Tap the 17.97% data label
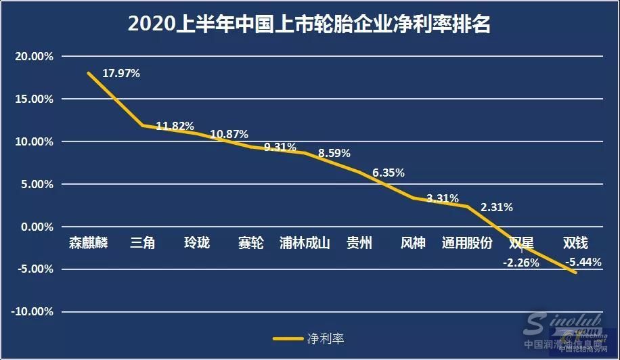click(x=121, y=73)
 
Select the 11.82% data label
click(x=175, y=126)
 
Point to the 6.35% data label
click(x=389, y=173)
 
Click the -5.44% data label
click(x=583, y=263)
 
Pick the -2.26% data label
click(x=521, y=263)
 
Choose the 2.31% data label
click(x=497, y=207)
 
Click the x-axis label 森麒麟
click(x=89, y=242)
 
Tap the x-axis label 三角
click(x=143, y=242)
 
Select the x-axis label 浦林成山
click(x=305, y=242)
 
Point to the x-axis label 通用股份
click(x=467, y=242)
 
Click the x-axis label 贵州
click(x=359, y=242)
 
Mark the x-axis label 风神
click(x=413, y=242)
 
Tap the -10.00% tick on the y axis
click(x=32, y=312)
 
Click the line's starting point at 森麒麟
click(x=89, y=72)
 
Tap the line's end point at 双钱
click(x=575, y=273)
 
